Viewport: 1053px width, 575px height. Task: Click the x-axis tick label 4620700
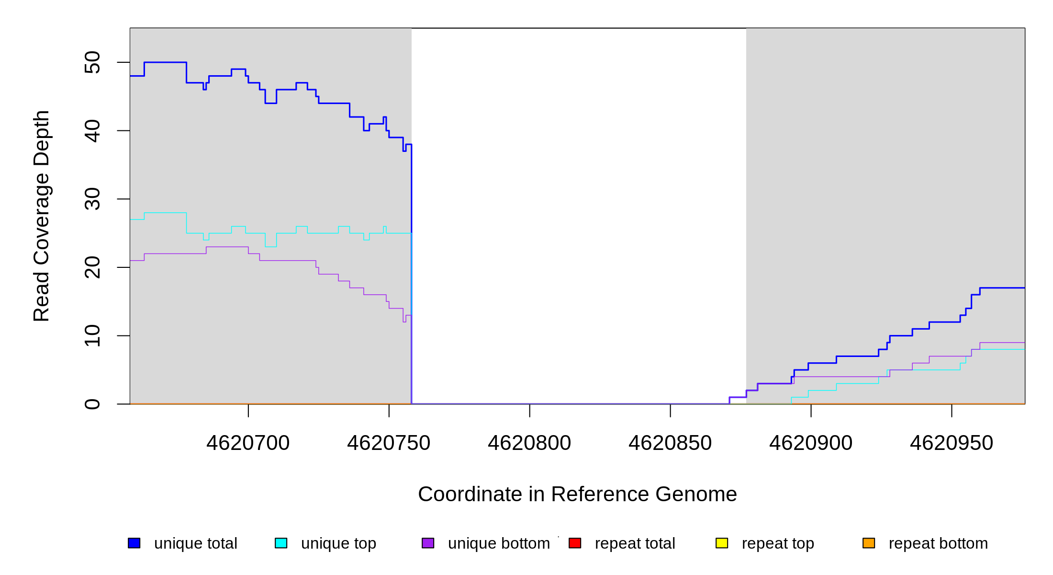(248, 443)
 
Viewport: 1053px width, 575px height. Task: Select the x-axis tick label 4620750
(389, 443)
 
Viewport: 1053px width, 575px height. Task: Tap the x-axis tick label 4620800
(529, 443)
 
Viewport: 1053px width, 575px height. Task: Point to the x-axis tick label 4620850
(670, 443)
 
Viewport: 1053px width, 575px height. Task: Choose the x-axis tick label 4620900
(811, 443)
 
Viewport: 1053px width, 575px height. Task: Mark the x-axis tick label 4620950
(952, 443)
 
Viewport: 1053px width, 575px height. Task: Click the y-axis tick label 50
(92, 62)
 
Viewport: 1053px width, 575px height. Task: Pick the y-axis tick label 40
(92, 131)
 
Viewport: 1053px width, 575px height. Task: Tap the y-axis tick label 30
(92, 199)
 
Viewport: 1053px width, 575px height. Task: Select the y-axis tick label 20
(92, 267)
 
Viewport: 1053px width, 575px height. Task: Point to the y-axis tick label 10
(92, 335)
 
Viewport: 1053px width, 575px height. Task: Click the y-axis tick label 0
(92, 404)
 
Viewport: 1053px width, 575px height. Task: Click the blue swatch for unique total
(134, 543)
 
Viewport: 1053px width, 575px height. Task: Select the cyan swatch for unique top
(281, 543)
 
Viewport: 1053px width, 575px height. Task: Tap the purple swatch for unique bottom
(428, 543)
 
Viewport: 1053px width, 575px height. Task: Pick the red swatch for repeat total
(575, 543)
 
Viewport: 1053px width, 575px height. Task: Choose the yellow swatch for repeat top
(722, 543)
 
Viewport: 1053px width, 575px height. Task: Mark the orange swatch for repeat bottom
(869, 543)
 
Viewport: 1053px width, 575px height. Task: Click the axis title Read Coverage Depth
(42, 216)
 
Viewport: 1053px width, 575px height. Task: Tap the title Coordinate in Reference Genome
(577, 494)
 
